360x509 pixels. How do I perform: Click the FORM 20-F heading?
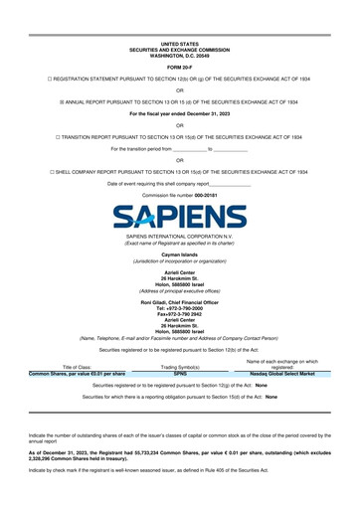coord(180,68)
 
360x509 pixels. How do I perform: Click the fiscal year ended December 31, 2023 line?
coord(180,113)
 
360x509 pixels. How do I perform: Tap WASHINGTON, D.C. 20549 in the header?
coord(180,55)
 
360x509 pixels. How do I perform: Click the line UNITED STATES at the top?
coord(180,44)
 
